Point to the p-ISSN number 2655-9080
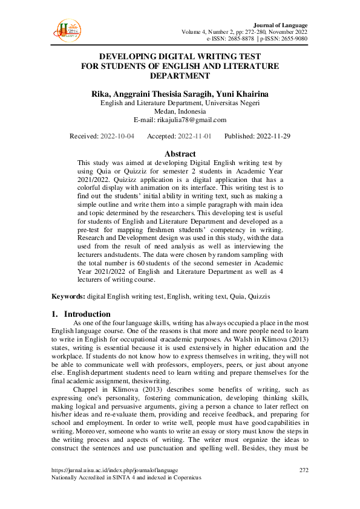(292, 39)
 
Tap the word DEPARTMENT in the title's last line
(180, 76)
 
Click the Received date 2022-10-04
(118, 137)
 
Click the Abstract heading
(180, 154)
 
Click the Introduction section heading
(87, 314)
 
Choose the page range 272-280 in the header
(258, 31)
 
